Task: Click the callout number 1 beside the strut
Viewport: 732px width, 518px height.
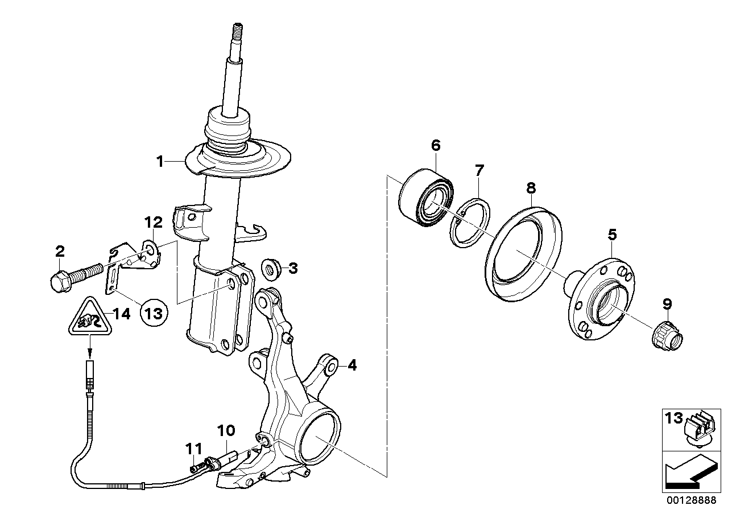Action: click(x=160, y=162)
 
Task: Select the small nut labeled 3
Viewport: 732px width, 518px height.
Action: click(x=271, y=269)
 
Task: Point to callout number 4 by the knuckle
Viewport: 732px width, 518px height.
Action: click(x=352, y=365)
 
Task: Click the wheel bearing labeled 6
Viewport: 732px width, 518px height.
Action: click(x=425, y=197)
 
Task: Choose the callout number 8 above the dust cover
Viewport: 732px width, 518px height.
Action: click(x=531, y=188)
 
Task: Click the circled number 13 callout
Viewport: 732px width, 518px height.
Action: click(x=154, y=314)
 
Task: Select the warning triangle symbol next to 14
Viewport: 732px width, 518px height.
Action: click(x=90, y=316)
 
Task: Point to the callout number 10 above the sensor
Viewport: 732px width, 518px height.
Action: click(x=226, y=431)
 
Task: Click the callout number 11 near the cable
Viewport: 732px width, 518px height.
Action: click(x=194, y=449)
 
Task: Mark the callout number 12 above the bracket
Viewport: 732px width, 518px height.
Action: click(x=154, y=223)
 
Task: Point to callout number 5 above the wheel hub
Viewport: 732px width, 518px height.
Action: click(x=612, y=235)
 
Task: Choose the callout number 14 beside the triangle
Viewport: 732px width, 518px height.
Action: click(x=122, y=314)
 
